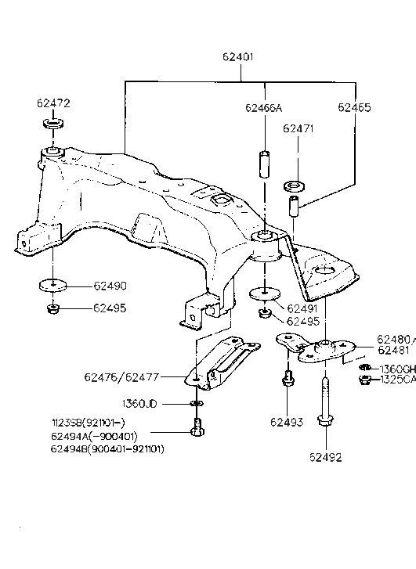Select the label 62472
coord(52,103)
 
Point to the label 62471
coord(298,128)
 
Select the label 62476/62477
coord(121,377)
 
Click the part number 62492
coord(324,457)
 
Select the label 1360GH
coord(397,369)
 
